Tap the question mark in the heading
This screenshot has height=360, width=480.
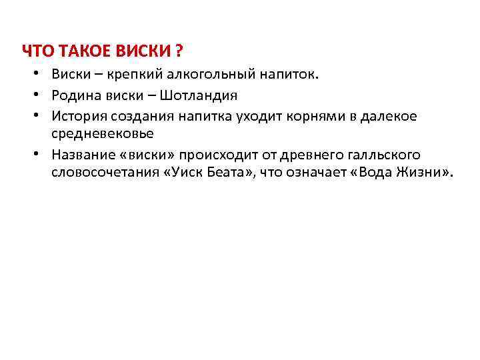[179, 51]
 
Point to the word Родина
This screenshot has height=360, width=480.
[73, 96]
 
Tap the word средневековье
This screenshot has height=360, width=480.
[102, 133]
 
